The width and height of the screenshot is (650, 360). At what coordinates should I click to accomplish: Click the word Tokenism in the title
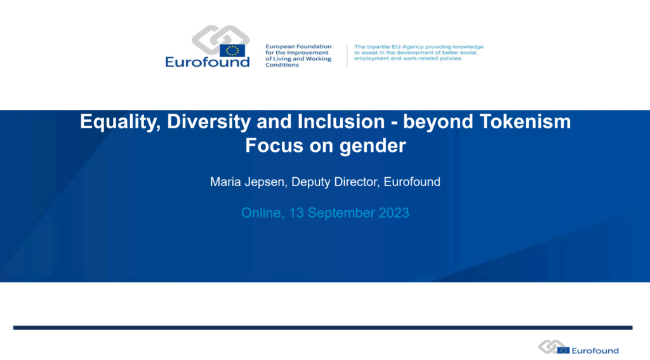pos(525,121)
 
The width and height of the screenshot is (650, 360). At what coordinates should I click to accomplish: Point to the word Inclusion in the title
pos(342,121)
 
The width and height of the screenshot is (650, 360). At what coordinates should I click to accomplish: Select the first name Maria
pos(225,182)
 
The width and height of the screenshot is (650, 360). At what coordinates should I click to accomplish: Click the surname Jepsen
pos(266,182)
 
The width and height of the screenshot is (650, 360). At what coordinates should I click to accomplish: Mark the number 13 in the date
pos(296,213)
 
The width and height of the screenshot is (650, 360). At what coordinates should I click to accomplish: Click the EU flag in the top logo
pos(232,51)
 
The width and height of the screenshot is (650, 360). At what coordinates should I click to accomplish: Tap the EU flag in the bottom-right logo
pos(564,350)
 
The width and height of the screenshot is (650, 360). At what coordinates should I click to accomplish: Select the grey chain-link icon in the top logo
pos(220,38)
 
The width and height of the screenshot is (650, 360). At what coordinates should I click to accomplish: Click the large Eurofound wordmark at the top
pos(208,62)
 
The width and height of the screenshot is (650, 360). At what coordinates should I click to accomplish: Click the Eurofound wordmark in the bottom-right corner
pos(595,351)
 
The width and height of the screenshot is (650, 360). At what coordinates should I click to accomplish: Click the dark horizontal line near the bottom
pos(323,328)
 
